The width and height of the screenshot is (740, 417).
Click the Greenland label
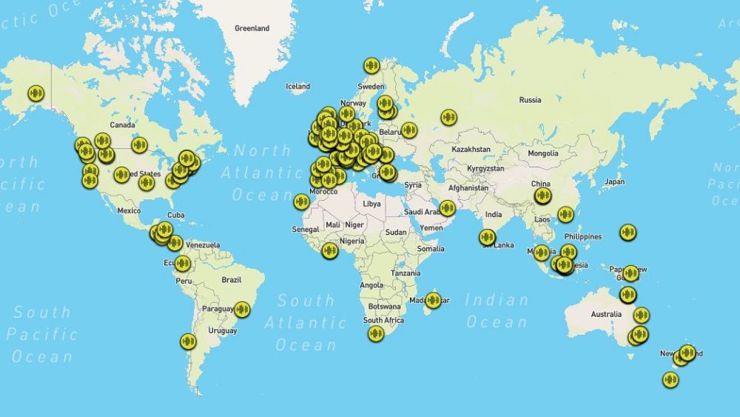click(x=252, y=28)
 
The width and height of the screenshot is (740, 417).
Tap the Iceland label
click(x=297, y=87)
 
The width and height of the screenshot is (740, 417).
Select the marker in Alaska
click(x=36, y=93)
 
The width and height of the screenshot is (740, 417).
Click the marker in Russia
click(x=448, y=117)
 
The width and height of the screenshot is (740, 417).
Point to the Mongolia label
click(x=543, y=153)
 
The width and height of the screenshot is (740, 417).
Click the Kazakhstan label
click(x=471, y=149)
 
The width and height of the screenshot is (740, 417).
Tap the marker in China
click(x=543, y=196)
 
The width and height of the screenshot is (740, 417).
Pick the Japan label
click(x=614, y=181)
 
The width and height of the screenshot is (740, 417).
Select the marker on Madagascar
click(x=434, y=300)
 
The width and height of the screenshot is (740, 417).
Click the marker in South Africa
click(x=376, y=333)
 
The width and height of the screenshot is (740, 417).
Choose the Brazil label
click(x=232, y=279)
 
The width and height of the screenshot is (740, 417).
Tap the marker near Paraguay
click(x=241, y=310)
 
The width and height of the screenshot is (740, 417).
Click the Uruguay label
click(x=222, y=330)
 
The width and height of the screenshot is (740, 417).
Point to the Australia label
click(x=606, y=314)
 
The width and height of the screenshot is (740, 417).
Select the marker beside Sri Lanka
click(x=487, y=237)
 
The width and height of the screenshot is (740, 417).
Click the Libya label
click(x=371, y=203)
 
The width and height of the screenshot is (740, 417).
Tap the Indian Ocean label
click(x=497, y=311)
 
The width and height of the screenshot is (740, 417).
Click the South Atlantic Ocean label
click(x=306, y=322)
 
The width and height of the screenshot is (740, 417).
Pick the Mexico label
click(x=129, y=210)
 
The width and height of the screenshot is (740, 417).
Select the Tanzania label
click(x=406, y=273)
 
